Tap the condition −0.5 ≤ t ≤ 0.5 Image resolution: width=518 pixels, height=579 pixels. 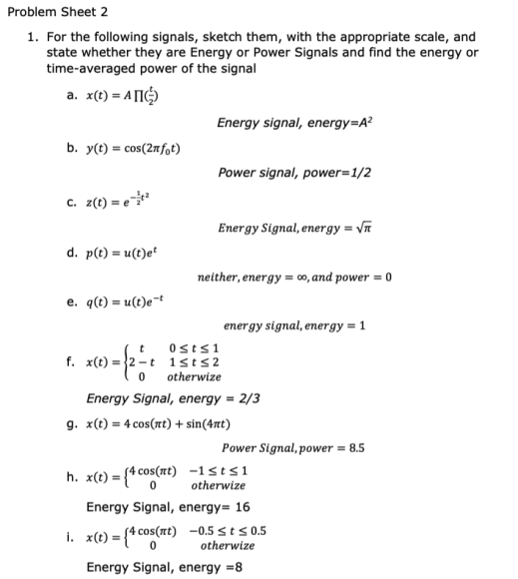tap(231, 530)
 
